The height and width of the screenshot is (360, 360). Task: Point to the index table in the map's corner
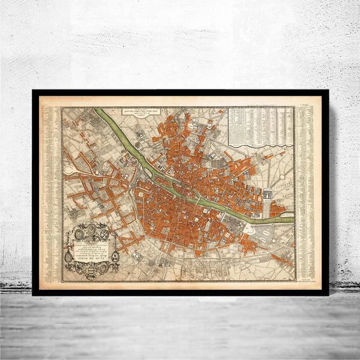(260, 126)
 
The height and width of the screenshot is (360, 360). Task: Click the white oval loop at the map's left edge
(69, 170)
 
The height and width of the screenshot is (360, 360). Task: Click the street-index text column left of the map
(51, 192)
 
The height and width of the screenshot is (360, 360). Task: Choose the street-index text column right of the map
(306, 192)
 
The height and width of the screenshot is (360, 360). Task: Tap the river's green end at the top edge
(99, 112)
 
